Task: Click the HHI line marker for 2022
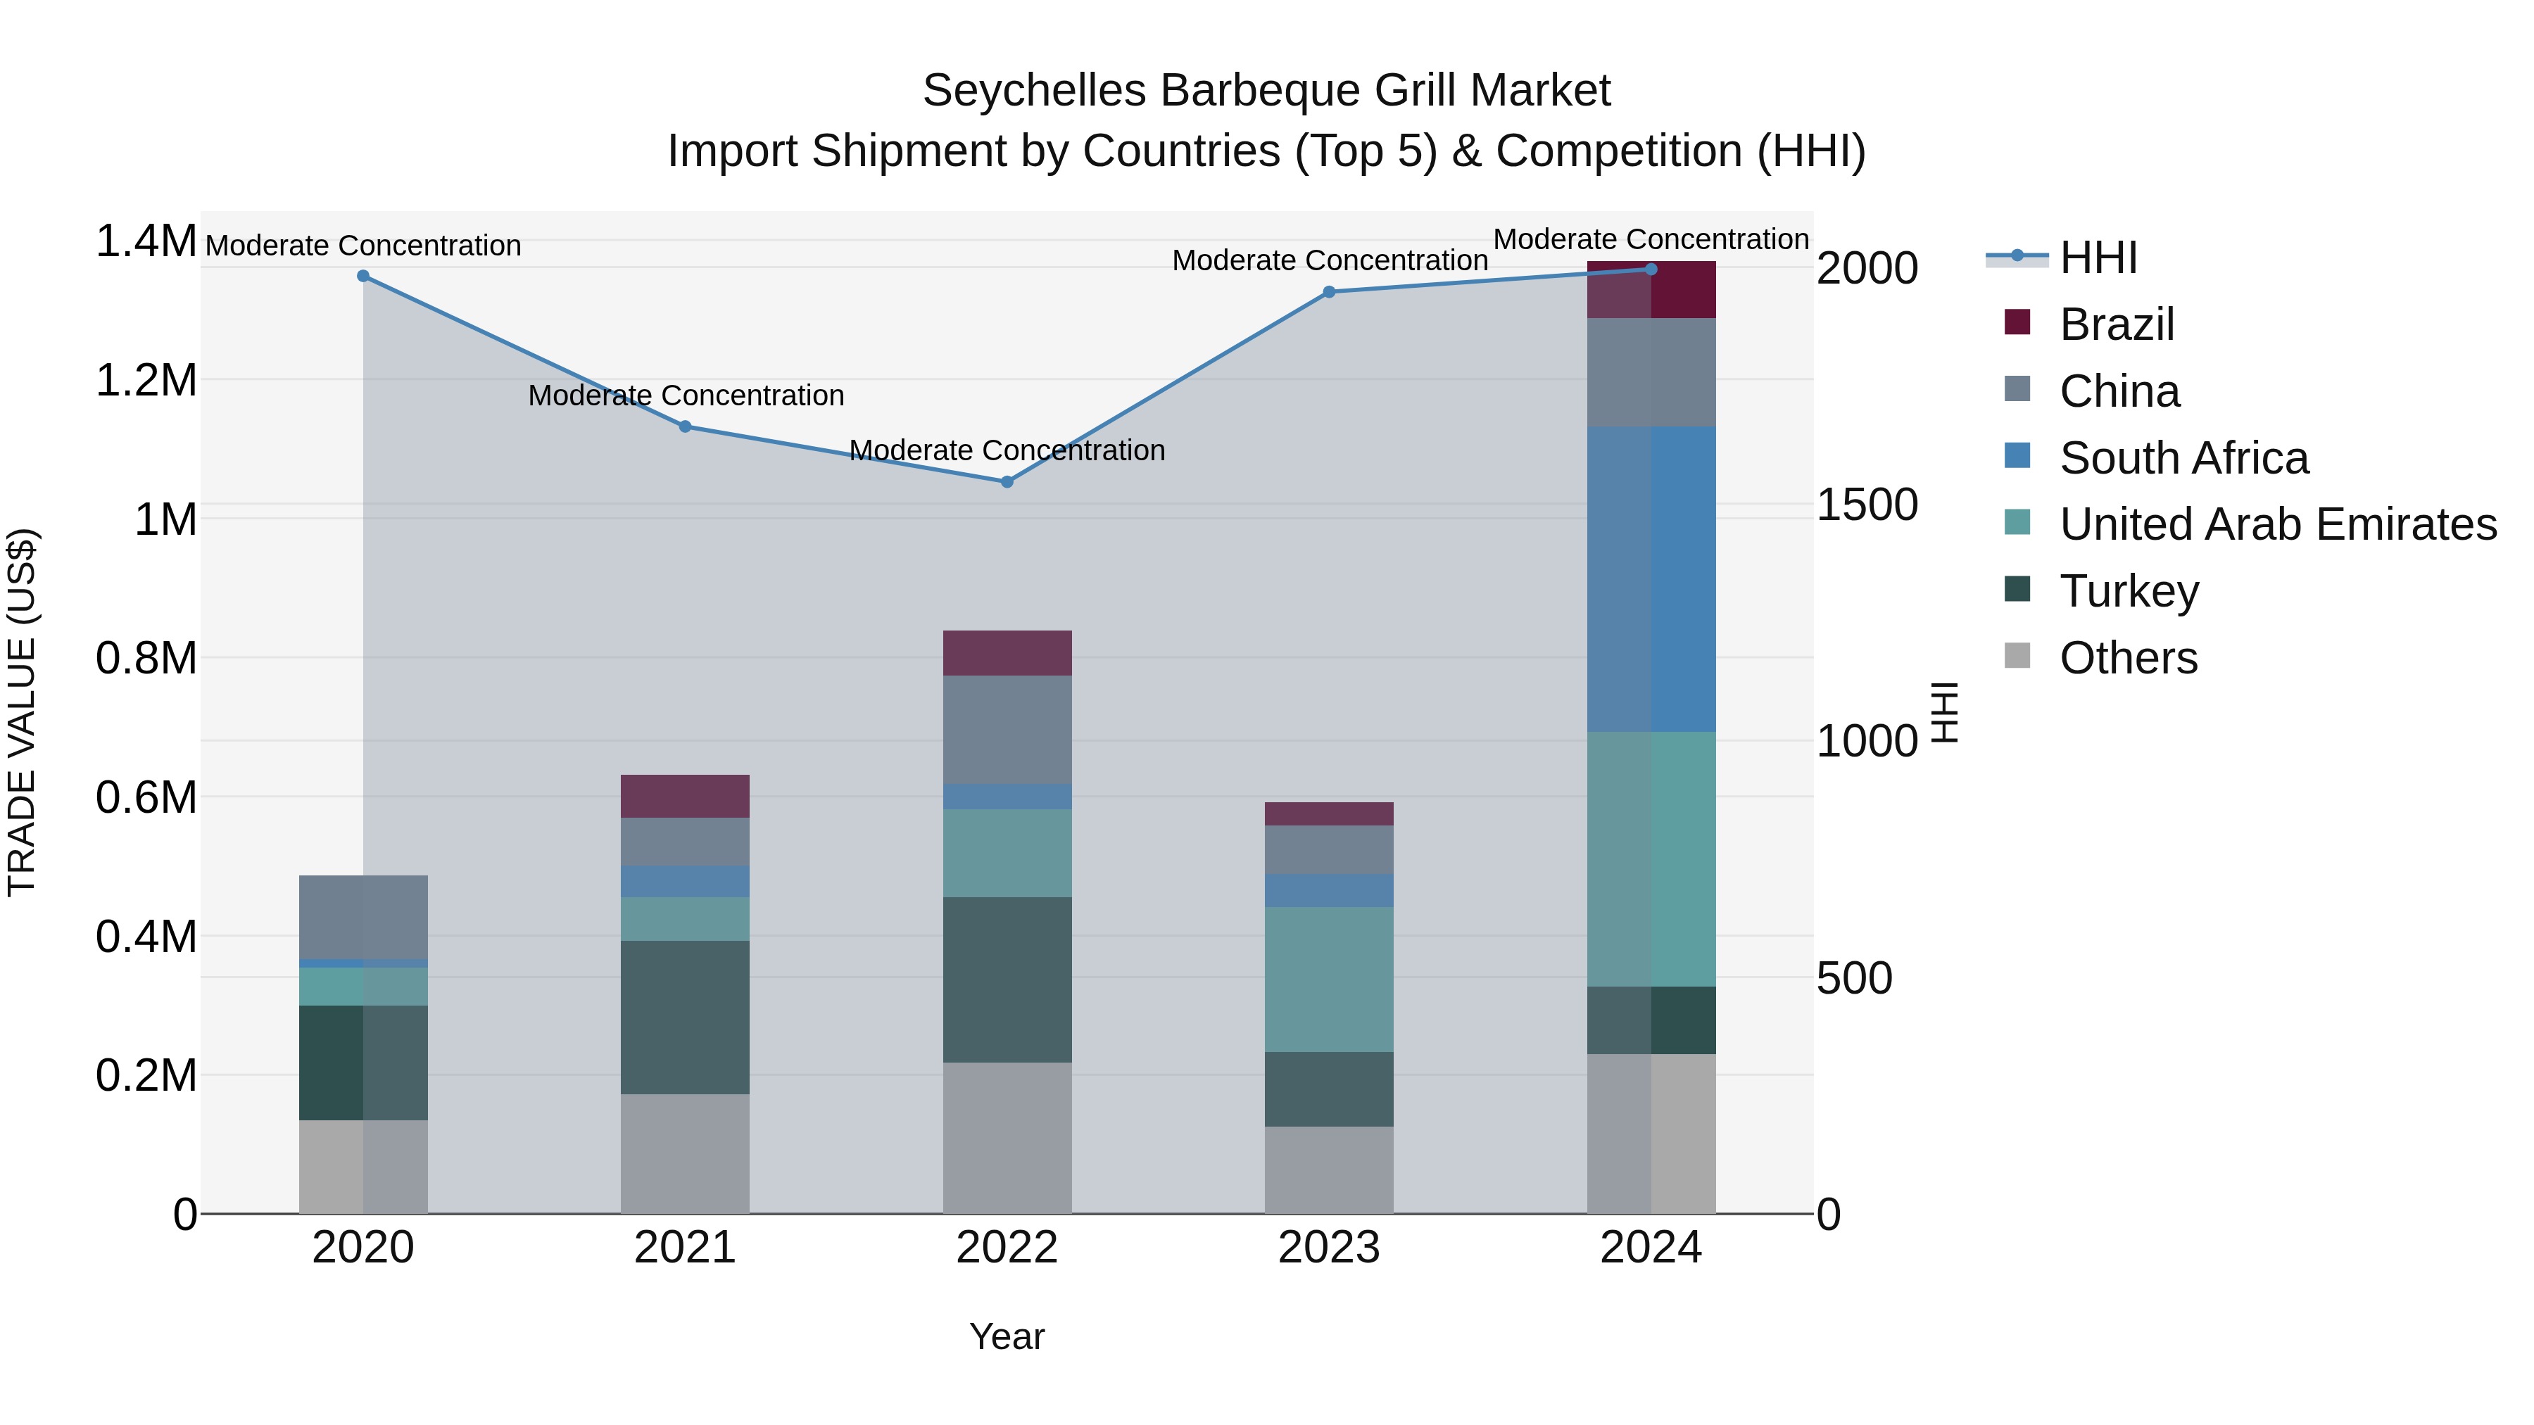1007,482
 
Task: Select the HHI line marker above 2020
363,277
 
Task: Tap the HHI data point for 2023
1329,292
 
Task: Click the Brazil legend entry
2116,324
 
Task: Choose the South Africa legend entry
2183,458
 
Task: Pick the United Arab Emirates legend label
2277,524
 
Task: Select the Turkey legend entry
2129,591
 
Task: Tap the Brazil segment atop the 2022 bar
1007,653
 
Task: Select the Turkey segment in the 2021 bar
685,1017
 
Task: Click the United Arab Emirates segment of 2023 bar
1329,980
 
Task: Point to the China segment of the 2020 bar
363,916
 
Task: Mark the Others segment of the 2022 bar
1007,1138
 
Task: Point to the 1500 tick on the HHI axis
1866,505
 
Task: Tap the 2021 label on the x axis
685,1248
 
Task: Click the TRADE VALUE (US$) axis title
22,712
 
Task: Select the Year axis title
1007,1336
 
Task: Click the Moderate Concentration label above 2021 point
686,395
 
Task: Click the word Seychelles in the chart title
1034,91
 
